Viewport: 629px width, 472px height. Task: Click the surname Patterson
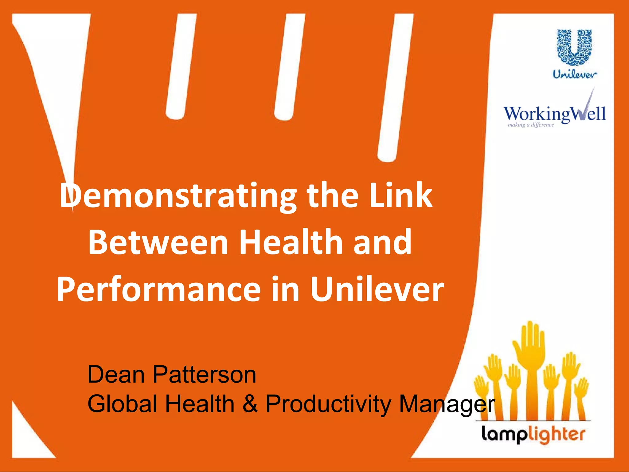[x=204, y=375]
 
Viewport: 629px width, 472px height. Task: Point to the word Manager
[x=447, y=404]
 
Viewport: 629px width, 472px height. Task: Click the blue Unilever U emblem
[x=574, y=47]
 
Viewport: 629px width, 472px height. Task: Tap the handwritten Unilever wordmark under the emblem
[x=575, y=74]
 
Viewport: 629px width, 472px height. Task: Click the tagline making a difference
[x=531, y=125]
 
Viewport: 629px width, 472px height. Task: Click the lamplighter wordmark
[x=533, y=435]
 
